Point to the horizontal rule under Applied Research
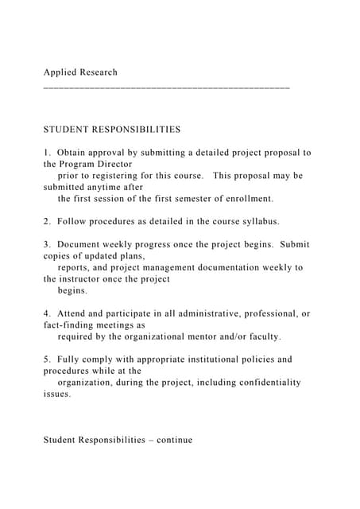tap(167, 84)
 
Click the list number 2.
tap(47, 222)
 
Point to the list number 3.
tap(47, 245)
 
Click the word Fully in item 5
tap(72, 359)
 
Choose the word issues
tap(57, 394)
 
